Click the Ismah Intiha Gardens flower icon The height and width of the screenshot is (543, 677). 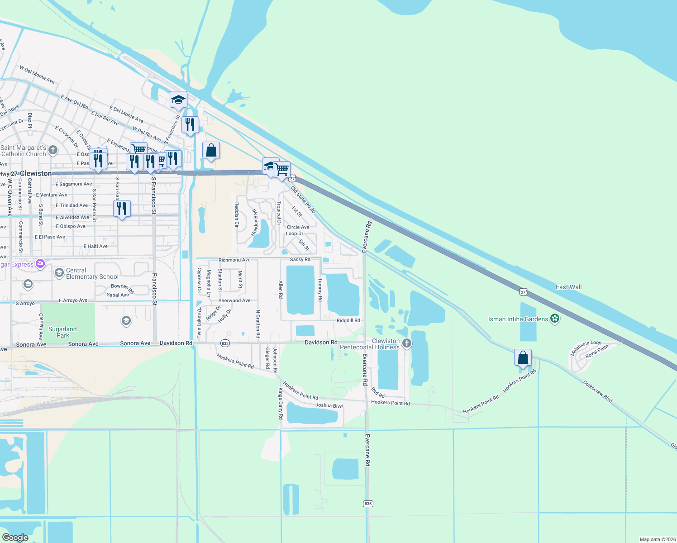(555, 319)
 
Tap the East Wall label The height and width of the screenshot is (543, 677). (568, 287)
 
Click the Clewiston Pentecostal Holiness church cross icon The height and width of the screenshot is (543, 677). (406, 344)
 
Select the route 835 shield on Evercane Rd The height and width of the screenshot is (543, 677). (368, 504)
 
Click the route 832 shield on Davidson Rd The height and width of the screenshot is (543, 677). (225, 343)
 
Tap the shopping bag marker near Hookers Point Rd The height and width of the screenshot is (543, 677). (523, 358)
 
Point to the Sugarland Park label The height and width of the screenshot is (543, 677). (62, 332)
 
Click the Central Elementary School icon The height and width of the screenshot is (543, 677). (59, 273)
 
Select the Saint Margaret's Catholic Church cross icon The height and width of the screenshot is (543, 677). (53, 150)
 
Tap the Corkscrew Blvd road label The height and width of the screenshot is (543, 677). (597, 391)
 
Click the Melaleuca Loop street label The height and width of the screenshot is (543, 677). (586, 348)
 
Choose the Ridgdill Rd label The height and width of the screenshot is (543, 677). (348, 320)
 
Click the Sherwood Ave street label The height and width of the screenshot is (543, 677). (234, 300)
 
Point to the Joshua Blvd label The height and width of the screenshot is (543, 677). (329, 405)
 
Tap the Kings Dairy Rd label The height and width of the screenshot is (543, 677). (281, 403)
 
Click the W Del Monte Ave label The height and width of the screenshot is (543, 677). (37, 75)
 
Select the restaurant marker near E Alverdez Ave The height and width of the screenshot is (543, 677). (122, 209)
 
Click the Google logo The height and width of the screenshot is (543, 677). (15, 537)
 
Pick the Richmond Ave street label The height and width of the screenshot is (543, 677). (234, 260)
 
